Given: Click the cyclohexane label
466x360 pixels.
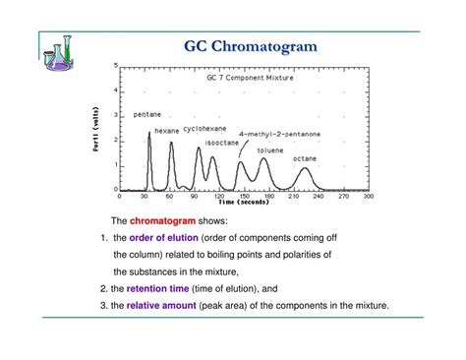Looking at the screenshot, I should [202, 128].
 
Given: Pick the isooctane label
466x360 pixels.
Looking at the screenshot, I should [220, 143].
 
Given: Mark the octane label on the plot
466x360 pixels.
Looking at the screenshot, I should [305, 158].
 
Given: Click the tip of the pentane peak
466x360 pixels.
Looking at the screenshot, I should [149, 132].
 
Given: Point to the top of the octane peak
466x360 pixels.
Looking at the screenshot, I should [305, 168].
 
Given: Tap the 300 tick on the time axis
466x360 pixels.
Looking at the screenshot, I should [369, 198].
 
